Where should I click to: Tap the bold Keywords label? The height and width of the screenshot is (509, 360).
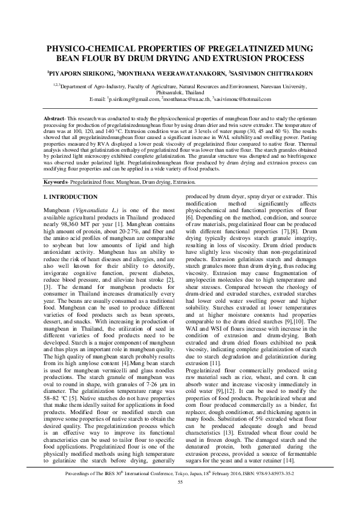[x=60, y=182]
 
